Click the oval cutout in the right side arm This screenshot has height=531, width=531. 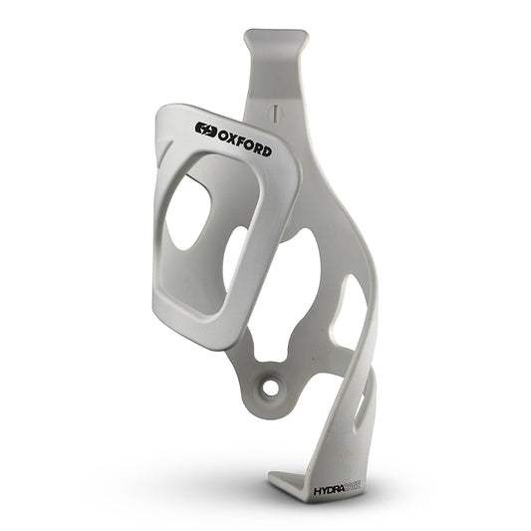pos(352,309)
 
